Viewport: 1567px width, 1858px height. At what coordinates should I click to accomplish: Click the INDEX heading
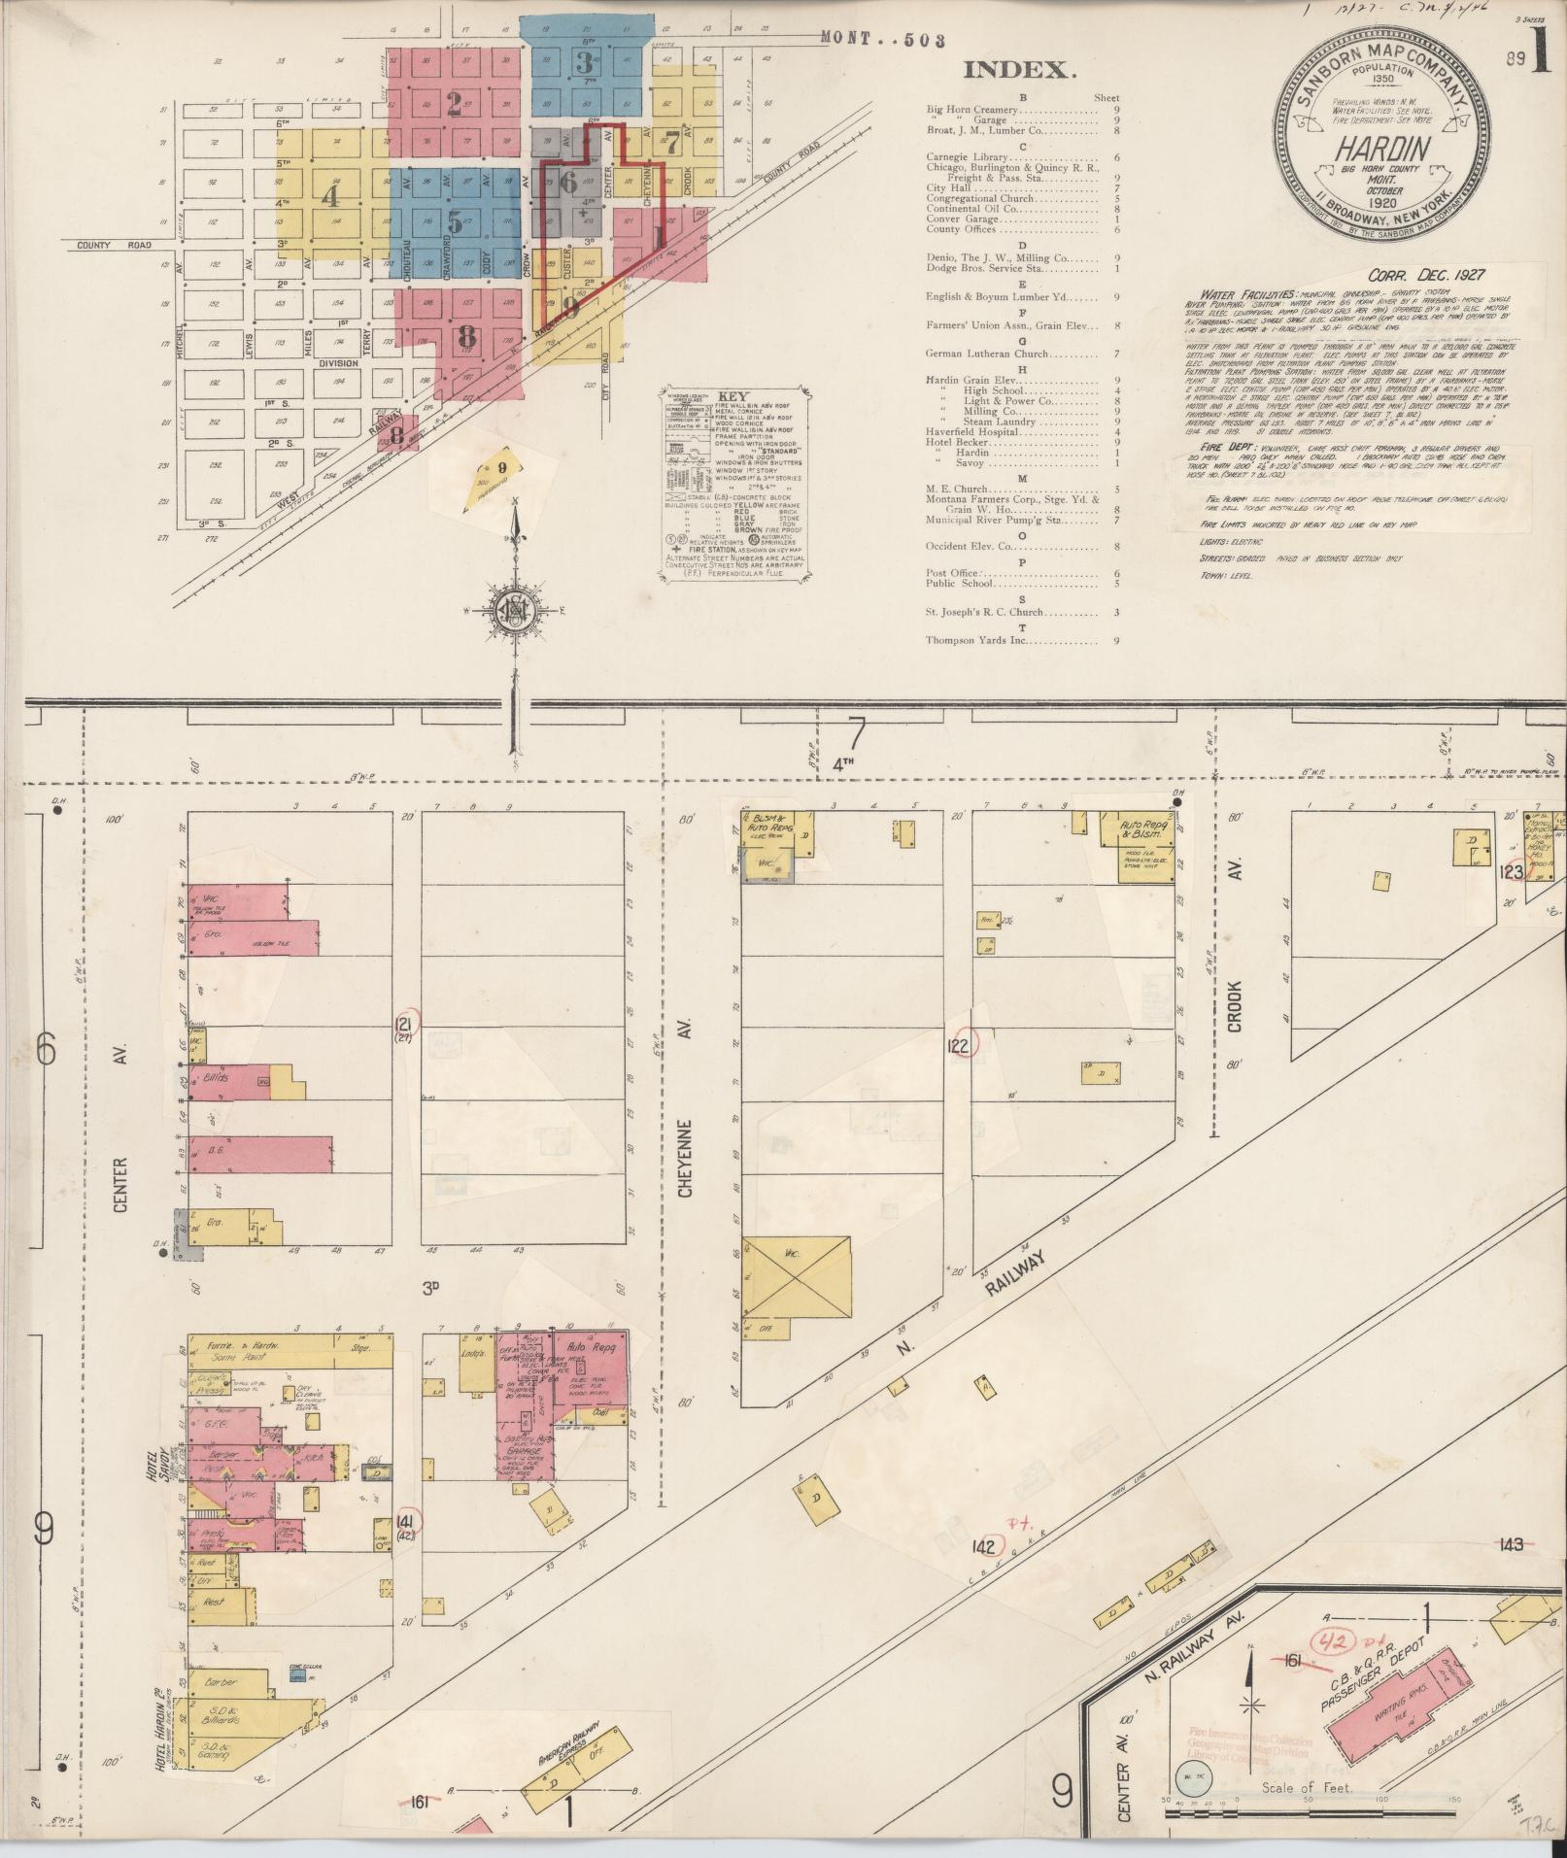coord(1019,69)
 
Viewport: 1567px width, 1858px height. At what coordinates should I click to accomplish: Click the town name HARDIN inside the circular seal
coord(1369,150)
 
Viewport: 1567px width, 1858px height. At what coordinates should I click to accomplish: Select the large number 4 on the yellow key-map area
coord(332,197)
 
